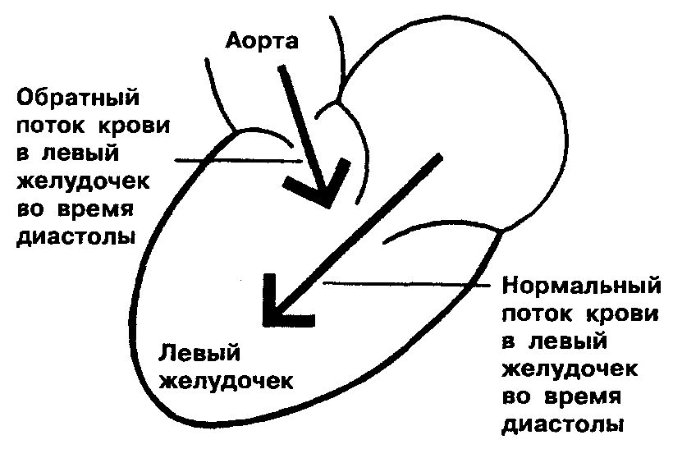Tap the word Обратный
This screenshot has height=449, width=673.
79,99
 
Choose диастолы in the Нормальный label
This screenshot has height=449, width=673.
563,425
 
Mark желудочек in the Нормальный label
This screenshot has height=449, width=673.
573,370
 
